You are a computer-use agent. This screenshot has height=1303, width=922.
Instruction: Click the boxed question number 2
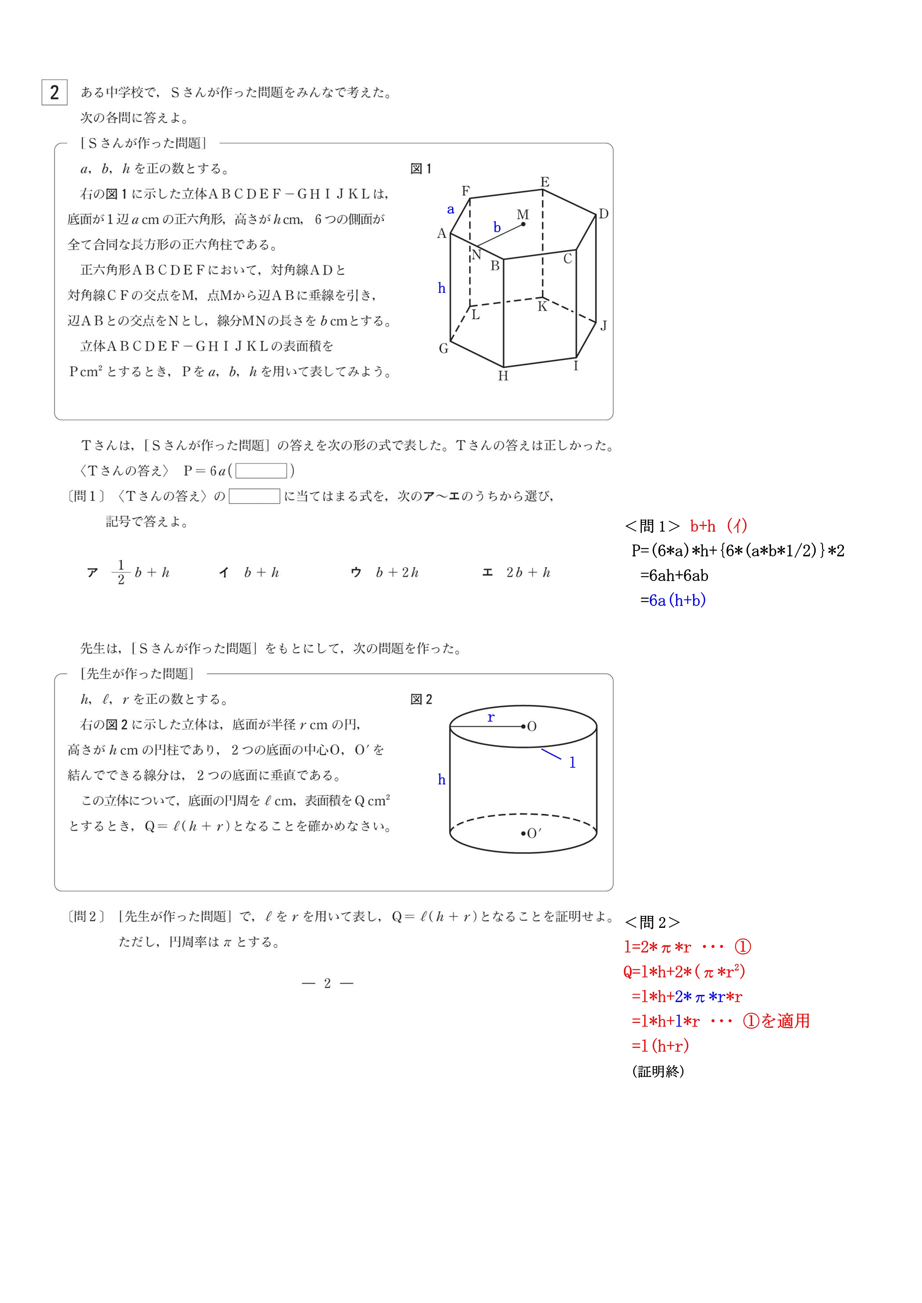[55, 92]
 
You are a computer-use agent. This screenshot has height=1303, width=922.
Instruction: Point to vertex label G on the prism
[443, 348]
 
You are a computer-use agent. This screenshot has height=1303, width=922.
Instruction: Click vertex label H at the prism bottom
[503, 376]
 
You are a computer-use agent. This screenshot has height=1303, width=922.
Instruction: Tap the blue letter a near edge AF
[451, 209]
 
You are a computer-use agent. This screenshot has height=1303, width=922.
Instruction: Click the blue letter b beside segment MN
[497, 228]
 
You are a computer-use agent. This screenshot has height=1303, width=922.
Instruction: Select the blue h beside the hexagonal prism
[442, 288]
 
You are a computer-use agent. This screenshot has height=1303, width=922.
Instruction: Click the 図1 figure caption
[421, 169]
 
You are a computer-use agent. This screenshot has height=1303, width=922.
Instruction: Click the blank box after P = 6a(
[261, 471]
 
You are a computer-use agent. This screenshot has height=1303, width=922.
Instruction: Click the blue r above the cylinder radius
[491, 717]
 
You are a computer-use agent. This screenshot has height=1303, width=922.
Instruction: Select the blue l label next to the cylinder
[572, 763]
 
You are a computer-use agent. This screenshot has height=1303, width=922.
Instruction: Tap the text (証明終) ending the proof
[658, 1071]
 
